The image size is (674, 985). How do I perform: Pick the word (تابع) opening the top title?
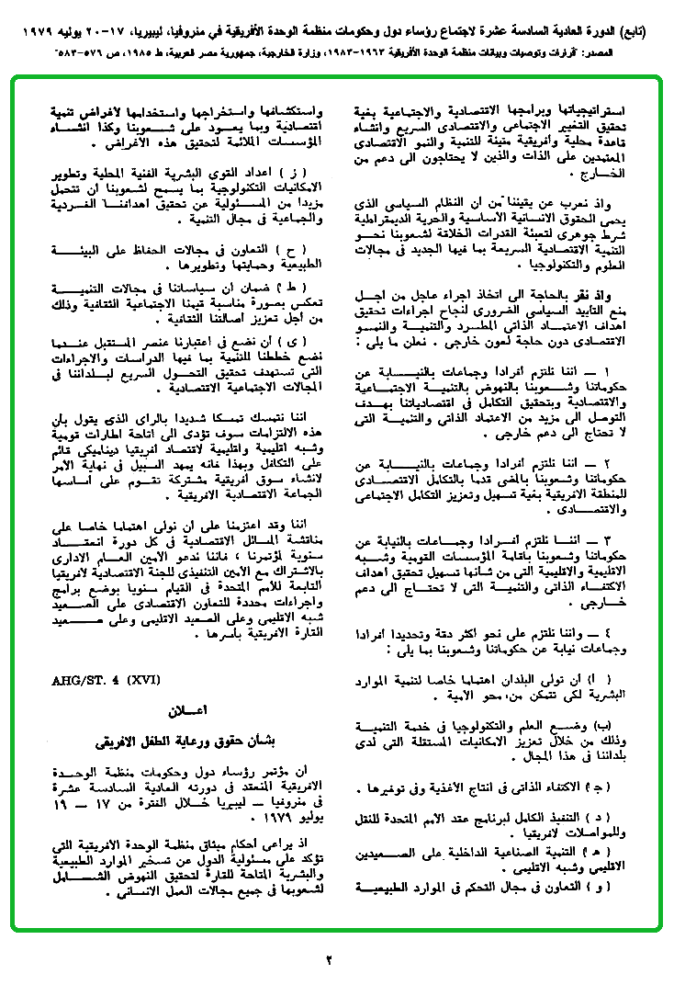pyautogui.click(x=648, y=31)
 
